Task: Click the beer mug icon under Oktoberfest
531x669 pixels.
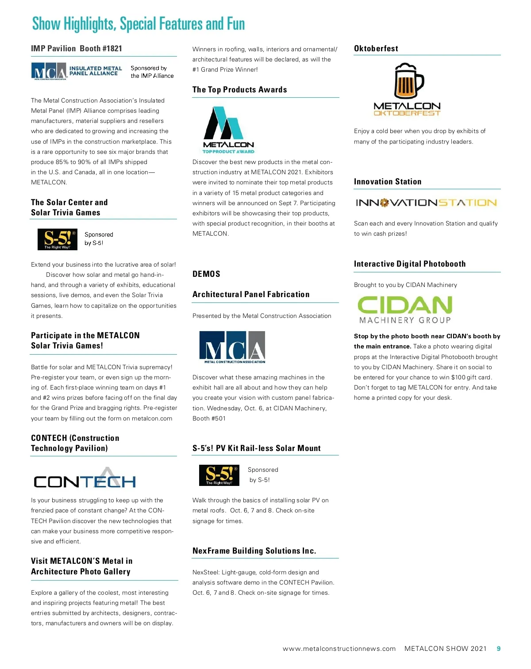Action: [x=408, y=81]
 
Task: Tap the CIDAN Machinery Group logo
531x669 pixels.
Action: [x=405, y=310]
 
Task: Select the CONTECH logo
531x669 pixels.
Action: [x=85, y=478]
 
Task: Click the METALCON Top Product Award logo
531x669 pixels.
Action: [x=228, y=130]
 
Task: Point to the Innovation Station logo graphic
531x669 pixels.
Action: [x=426, y=203]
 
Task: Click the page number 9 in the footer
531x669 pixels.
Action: [x=499, y=649]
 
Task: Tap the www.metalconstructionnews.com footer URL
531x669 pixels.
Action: [x=339, y=649]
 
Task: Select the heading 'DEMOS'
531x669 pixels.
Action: [x=206, y=274]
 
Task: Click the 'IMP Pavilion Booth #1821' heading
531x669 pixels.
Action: [x=77, y=49]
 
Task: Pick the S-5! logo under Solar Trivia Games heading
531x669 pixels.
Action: [x=58, y=239]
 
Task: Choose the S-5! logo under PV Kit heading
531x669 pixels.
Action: [x=219, y=475]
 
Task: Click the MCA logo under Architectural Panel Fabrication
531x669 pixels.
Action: [x=232, y=347]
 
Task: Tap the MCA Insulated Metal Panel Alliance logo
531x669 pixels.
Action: [x=77, y=71]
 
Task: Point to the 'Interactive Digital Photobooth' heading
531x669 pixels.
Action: [x=410, y=264]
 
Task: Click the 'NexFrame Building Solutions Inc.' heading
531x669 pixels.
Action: [x=254, y=551]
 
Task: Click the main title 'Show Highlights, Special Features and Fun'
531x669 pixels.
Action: [x=139, y=23]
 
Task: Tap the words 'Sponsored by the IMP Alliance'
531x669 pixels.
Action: [x=152, y=72]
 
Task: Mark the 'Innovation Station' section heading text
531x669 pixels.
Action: [x=388, y=182]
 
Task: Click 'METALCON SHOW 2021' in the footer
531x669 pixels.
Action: [x=445, y=649]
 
